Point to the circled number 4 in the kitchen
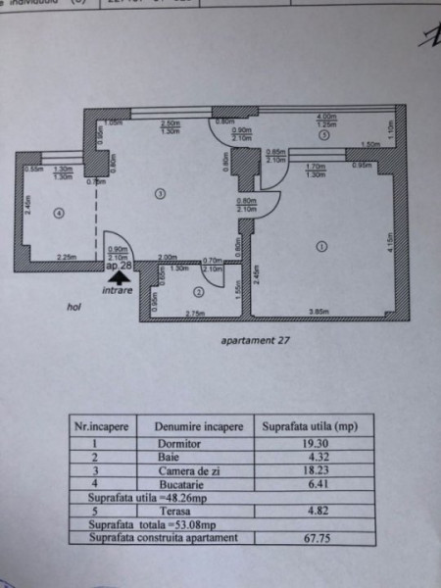pyautogui.click(x=59, y=214)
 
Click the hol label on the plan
pyautogui.click(x=73, y=305)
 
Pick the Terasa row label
pyautogui.click(x=171, y=511)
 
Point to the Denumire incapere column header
pyautogui.click(x=192, y=427)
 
